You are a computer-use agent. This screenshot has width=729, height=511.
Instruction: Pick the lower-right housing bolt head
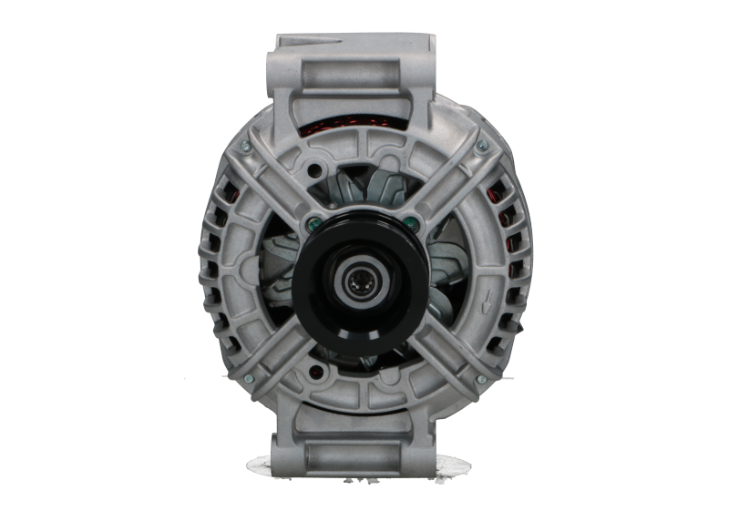coord(481,379)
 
